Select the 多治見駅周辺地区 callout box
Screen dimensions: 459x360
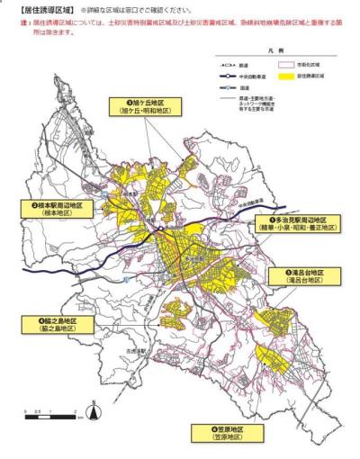[x=294, y=224]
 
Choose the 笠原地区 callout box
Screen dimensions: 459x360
[x=229, y=436]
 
